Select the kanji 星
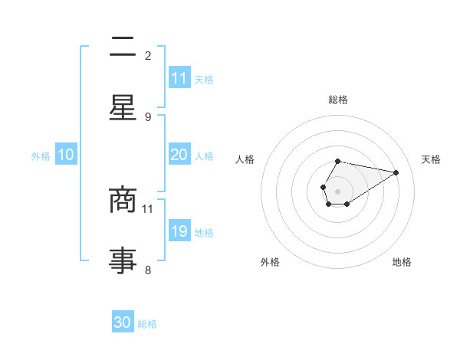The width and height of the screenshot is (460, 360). click(123, 109)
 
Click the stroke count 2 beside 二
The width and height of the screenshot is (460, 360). click(148, 55)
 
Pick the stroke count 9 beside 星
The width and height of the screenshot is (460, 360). click(148, 116)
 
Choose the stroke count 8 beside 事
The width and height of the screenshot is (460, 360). click(148, 270)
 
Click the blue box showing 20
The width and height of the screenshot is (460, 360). click(179, 155)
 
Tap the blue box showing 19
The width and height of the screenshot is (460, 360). click(179, 231)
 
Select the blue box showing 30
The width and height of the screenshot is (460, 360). click(123, 322)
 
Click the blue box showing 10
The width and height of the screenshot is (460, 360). click(66, 155)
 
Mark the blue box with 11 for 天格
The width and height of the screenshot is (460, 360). click(179, 78)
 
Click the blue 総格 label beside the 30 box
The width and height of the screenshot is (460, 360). click(147, 324)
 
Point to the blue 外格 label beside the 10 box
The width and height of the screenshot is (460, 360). click(41, 156)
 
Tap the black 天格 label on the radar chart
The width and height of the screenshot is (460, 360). click(431, 159)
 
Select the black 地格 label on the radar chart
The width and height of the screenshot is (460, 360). click(402, 262)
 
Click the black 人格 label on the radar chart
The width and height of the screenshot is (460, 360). click(245, 159)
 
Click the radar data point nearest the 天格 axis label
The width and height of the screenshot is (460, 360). click(396, 172)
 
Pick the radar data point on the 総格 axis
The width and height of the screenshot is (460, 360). click(337, 162)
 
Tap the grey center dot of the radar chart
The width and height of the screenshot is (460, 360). click(337, 190)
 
